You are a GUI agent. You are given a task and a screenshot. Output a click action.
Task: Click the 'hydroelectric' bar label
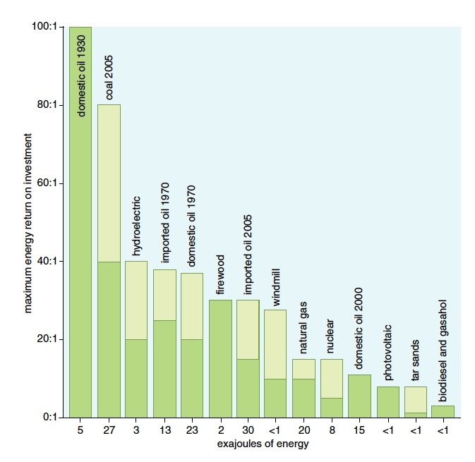(136, 226)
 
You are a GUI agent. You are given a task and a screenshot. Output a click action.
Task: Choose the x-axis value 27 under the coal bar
(109, 430)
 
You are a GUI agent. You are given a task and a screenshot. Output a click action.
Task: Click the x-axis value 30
(247, 430)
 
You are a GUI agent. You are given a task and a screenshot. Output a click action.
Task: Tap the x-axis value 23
(192, 430)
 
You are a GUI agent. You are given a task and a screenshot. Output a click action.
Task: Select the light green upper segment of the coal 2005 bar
(109, 183)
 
